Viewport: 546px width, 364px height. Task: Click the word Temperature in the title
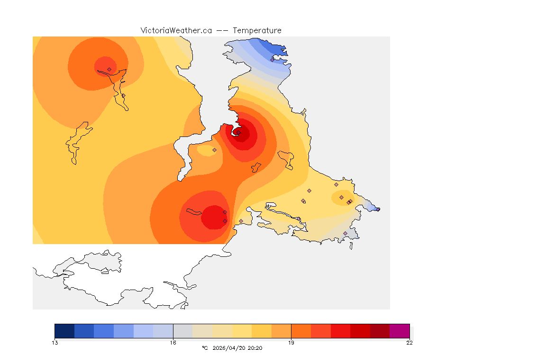pyautogui.click(x=257, y=30)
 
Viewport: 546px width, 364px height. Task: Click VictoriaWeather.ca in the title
pyautogui.click(x=176, y=30)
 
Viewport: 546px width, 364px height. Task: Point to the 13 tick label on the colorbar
pyautogui.click(x=55, y=343)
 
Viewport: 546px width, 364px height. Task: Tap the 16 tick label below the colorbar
pyautogui.click(x=173, y=343)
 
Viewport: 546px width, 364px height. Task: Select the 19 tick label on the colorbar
pyautogui.click(x=291, y=343)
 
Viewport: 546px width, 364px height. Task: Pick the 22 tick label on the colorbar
pyautogui.click(x=409, y=343)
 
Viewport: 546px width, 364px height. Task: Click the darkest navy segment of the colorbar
pyautogui.click(x=64, y=331)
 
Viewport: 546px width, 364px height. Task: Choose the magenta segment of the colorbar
pyautogui.click(x=400, y=331)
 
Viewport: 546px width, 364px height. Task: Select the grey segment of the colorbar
pyautogui.click(x=183, y=331)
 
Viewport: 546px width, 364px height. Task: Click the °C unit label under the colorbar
pyautogui.click(x=205, y=348)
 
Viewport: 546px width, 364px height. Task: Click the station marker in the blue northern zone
pyautogui.click(x=272, y=60)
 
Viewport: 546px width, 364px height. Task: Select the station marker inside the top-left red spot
pyautogui.click(x=109, y=69)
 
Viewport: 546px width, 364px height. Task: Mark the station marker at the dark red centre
pyautogui.click(x=239, y=133)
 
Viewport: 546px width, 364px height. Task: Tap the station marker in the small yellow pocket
pyautogui.click(x=214, y=150)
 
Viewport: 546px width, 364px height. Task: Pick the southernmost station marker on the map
pyautogui.click(x=345, y=233)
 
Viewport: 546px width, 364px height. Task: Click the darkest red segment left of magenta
pyautogui.click(x=380, y=331)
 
